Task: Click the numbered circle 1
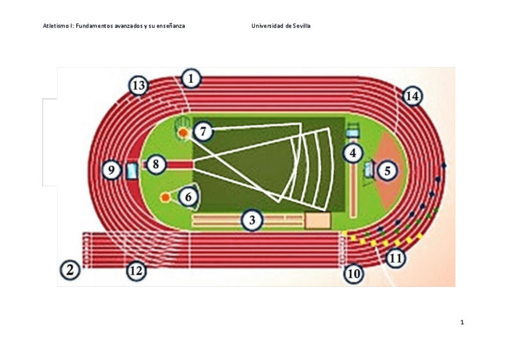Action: [x=191, y=78]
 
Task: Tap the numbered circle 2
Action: [x=70, y=270]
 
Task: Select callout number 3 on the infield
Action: [x=253, y=221]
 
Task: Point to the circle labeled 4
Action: [x=353, y=153]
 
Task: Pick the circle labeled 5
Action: [x=387, y=171]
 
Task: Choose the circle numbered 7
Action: [x=204, y=130]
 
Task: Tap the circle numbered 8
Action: [x=156, y=163]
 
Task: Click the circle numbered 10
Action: [x=354, y=274]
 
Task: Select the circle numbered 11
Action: [x=395, y=259]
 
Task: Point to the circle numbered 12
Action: [x=137, y=271]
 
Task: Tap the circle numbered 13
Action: [x=139, y=86]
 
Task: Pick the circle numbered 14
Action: [x=412, y=96]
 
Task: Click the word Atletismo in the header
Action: [x=57, y=26]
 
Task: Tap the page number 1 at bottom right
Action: [x=462, y=323]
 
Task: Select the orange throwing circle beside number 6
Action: [x=165, y=197]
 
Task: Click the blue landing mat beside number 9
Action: [x=131, y=171]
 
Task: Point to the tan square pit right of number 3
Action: [x=318, y=221]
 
